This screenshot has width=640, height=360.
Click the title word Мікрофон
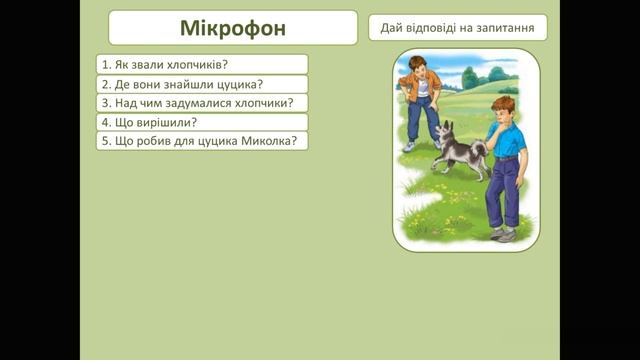point(232,27)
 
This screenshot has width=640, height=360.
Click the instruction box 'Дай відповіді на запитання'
point(457,27)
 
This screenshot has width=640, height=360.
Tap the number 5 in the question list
point(104,141)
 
